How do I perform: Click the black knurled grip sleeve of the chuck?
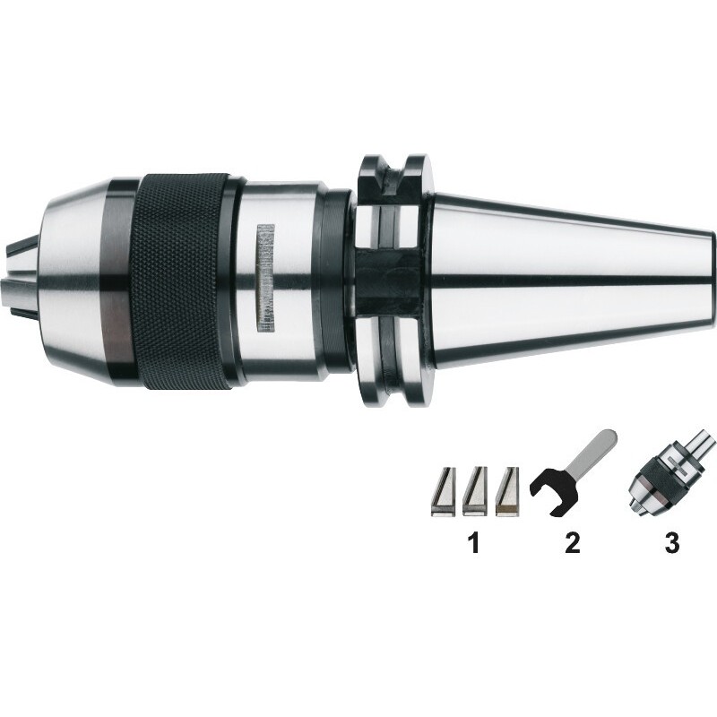pyautogui.click(x=181, y=281)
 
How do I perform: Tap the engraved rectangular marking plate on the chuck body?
pyautogui.click(x=265, y=278)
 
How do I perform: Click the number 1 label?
pyautogui.click(x=474, y=542)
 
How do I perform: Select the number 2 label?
pyautogui.click(x=573, y=542)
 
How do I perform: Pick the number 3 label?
pyautogui.click(x=671, y=542)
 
